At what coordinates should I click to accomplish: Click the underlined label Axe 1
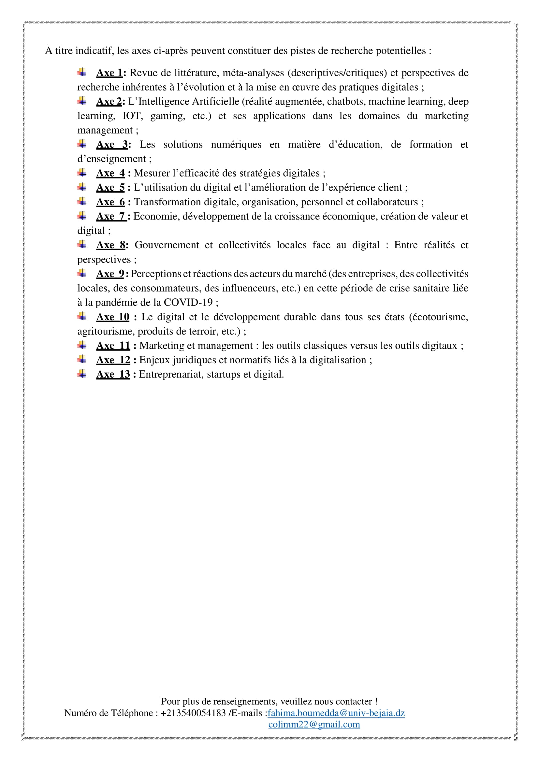tap(109, 73)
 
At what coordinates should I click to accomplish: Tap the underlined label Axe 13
tap(113, 374)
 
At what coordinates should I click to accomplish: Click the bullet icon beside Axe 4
tap(82, 173)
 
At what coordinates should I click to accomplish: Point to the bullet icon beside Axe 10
tap(82, 316)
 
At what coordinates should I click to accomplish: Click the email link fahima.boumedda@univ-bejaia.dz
tap(336, 713)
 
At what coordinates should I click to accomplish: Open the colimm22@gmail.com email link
tap(314, 725)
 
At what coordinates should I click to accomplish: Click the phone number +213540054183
tap(193, 713)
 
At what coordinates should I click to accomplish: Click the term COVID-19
tap(188, 302)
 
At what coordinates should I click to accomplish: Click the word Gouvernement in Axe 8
tap(167, 245)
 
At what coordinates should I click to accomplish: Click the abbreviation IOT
tap(132, 116)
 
